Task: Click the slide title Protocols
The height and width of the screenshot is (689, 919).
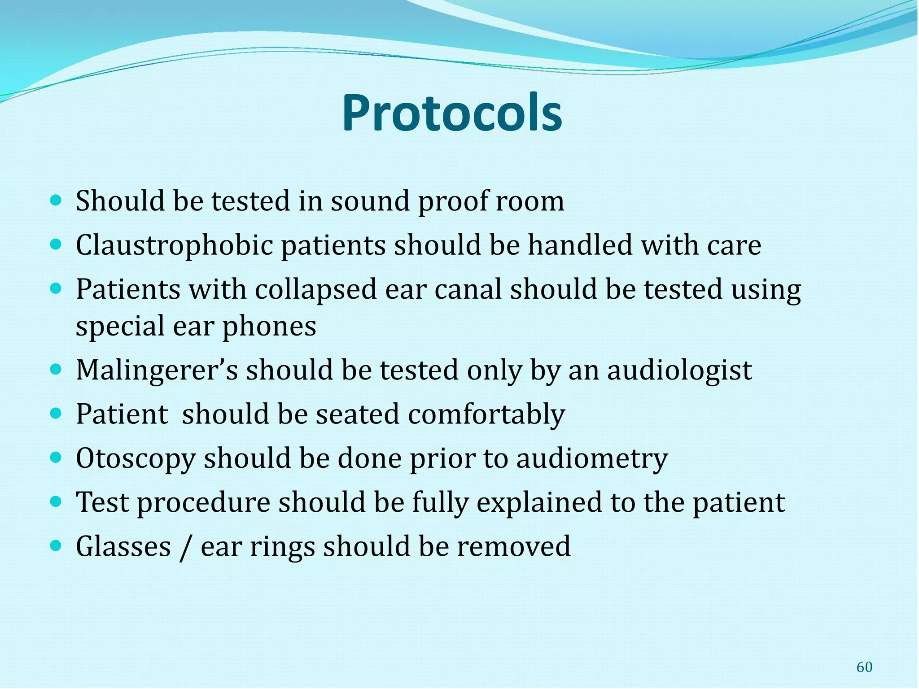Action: pos(452,113)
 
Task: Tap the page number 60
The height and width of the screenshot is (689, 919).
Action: pos(864,667)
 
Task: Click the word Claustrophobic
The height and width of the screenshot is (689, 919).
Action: pos(174,246)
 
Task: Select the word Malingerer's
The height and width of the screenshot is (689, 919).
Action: pos(157,371)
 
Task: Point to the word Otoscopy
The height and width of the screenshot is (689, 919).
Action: pos(136,459)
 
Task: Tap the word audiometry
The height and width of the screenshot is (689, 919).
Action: pos(592,459)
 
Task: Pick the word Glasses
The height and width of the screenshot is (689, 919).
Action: pos(123,547)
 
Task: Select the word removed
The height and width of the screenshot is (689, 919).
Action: pos(514,547)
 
